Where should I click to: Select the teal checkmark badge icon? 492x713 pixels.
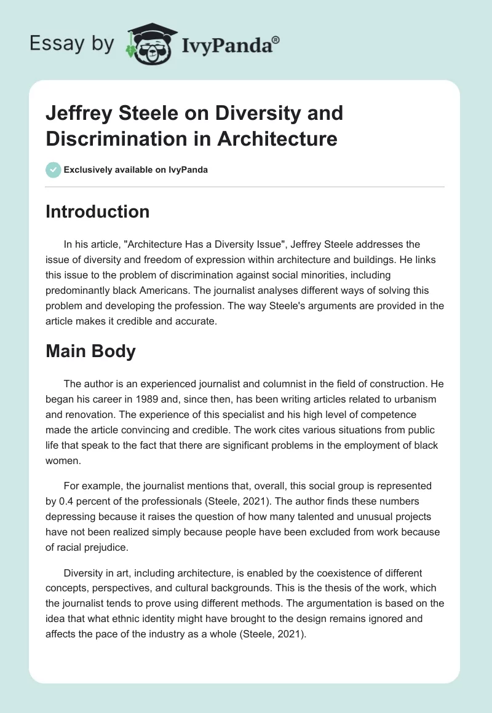point(54,170)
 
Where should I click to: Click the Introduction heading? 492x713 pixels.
point(97,211)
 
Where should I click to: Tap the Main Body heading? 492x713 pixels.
point(90,352)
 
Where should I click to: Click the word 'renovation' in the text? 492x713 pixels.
point(97,414)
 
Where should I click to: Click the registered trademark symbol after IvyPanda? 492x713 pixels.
point(276,39)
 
